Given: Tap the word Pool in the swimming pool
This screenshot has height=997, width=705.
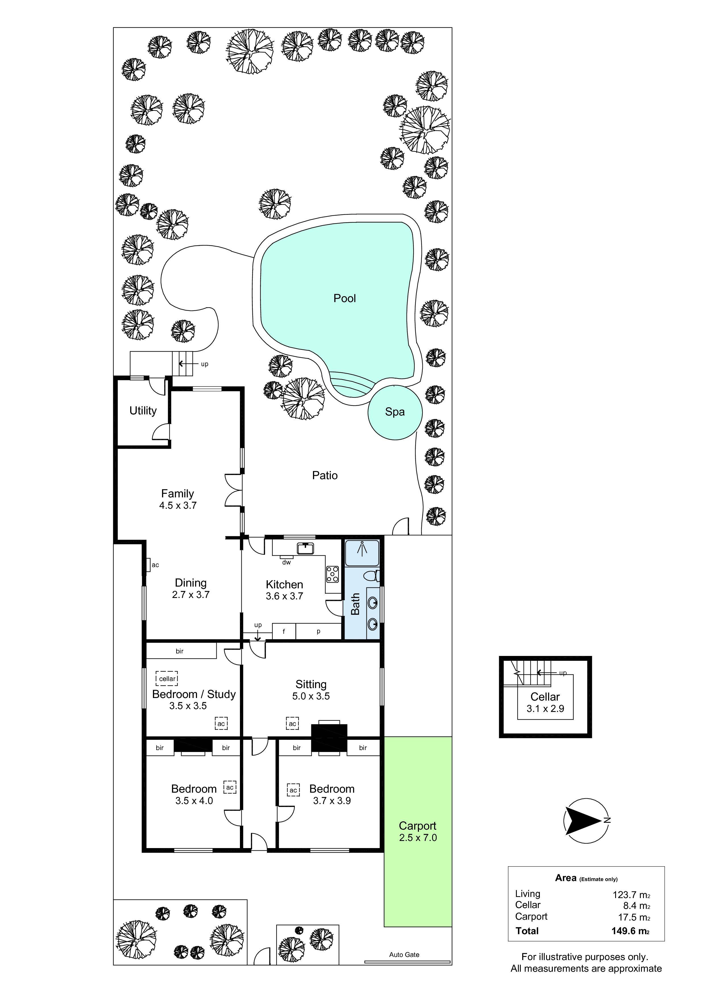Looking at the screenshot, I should pos(345,298).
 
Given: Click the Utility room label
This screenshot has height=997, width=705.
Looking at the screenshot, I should pos(143,410).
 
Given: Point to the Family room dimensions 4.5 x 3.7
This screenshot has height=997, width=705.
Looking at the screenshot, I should pos(178,505).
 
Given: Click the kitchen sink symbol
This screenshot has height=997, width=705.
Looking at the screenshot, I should pos(306,549).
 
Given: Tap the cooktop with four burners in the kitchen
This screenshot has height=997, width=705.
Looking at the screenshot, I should pos(332,574).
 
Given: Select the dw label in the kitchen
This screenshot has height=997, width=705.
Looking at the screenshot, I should pos(286,562).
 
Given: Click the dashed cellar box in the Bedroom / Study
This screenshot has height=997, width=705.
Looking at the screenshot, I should pos(167,678).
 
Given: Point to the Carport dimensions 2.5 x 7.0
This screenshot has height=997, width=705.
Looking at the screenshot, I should pos(418,838).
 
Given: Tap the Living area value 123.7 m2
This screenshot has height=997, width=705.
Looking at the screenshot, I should pos(631,894).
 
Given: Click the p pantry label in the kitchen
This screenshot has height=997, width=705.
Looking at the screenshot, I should pos(318,632).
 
